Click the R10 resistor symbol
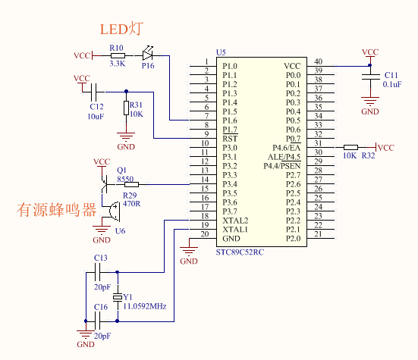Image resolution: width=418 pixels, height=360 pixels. pyautogui.click(x=118, y=55)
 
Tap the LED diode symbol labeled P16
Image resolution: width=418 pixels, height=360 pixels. pyautogui.click(x=147, y=54)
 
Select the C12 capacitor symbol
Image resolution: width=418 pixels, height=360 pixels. pyautogui.click(x=93, y=92)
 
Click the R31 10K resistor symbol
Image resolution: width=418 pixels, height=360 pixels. pyautogui.click(x=127, y=108)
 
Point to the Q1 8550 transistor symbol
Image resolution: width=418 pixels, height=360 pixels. pyautogui.click(x=104, y=184)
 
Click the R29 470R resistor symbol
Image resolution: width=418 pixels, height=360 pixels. pyautogui.click(x=131, y=184)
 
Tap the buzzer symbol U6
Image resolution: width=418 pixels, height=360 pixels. pyautogui.click(x=115, y=211)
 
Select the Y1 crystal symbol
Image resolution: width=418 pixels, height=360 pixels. pyautogui.click(x=118, y=297)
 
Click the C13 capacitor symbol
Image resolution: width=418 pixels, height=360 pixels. pyautogui.click(x=97, y=272)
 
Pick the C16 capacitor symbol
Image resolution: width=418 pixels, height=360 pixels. pyautogui.click(x=97, y=321)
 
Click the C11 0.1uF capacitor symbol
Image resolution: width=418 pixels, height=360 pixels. pyautogui.click(x=370, y=77)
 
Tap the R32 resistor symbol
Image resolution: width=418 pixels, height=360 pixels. pyautogui.click(x=350, y=147)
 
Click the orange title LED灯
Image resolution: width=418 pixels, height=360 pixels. pyautogui.click(x=121, y=29)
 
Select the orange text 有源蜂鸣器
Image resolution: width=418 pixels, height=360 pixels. pyautogui.click(x=56, y=210)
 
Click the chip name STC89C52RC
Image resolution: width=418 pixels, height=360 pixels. pyautogui.click(x=240, y=252)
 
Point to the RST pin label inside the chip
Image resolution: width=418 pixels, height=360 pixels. pyautogui.click(x=230, y=139)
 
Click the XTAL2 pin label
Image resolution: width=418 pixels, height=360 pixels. pyautogui.click(x=235, y=221)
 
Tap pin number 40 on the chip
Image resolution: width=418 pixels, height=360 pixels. pyautogui.click(x=318, y=61)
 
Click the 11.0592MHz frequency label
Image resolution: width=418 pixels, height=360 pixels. pyautogui.click(x=145, y=306)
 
